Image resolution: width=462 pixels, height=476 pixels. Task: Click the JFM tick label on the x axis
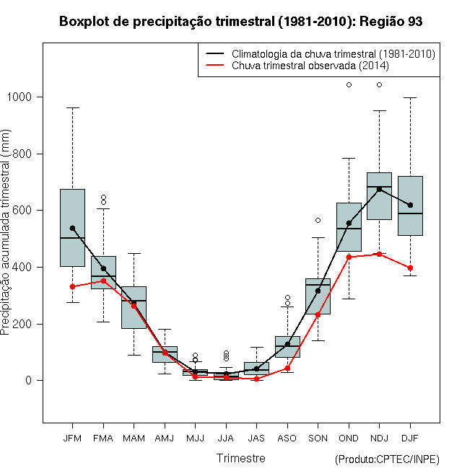point(72,438)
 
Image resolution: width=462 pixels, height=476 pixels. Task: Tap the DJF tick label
point(410,438)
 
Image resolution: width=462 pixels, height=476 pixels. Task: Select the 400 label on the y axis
point(22,267)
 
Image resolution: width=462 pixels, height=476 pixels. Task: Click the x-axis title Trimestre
point(240,458)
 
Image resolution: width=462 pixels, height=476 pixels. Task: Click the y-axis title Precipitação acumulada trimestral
point(5,232)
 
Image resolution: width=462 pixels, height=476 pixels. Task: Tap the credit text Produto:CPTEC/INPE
point(387,459)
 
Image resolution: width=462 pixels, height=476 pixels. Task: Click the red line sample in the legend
point(215,65)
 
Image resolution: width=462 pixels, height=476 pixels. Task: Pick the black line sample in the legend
point(215,54)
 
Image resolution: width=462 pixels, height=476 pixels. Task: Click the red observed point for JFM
point(72,286)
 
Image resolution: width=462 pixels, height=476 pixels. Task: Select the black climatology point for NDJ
point(379,189)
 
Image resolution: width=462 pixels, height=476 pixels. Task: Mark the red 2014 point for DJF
point(410,268)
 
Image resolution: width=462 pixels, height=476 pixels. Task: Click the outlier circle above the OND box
point(349,84)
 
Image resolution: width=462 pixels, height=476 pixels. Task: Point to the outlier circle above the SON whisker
point(318,221)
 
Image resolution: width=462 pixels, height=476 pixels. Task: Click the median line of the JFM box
point(72,238)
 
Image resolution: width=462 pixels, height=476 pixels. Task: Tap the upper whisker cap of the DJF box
point(410,98)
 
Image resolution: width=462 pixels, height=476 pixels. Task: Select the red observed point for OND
point(349,257)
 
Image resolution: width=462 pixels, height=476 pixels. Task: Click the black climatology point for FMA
point(103,269)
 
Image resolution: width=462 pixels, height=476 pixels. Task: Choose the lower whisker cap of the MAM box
point(134,355)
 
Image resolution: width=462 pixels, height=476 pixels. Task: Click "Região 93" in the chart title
point(391,22)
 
